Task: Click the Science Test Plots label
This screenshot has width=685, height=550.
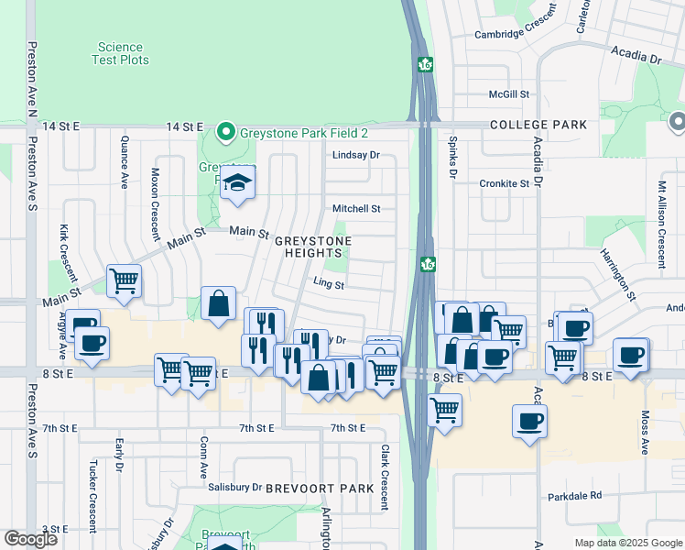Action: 121,53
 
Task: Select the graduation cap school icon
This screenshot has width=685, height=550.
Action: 237,182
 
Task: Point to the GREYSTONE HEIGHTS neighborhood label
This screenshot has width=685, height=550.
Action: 312,247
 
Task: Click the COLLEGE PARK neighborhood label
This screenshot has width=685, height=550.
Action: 538,124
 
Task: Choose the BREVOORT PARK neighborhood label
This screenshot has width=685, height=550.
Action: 320,489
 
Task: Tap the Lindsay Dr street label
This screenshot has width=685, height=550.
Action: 355,156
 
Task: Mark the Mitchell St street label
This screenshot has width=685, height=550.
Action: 355,209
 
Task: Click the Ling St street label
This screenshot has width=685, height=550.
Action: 329,285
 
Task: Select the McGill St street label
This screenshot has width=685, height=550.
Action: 509,94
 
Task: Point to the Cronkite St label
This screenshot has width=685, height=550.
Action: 505,183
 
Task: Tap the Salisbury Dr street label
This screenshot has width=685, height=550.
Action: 237,488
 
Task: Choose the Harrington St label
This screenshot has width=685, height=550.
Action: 618,274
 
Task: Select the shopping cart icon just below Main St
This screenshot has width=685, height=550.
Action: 124,281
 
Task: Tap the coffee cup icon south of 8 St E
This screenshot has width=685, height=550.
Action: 530,423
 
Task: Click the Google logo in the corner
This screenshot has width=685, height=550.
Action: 30,539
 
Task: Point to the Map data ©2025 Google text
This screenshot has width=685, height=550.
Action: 627,543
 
